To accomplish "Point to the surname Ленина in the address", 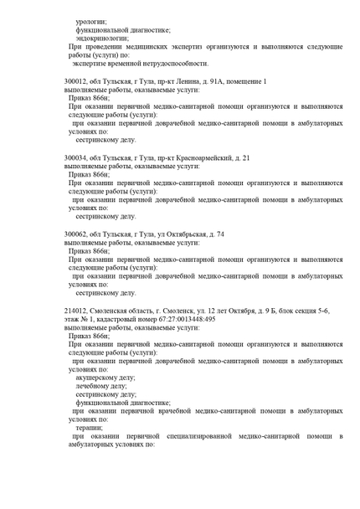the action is (x=186, y=81).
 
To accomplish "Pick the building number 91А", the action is (x=219, y=81).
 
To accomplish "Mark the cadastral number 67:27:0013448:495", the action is (x=179, y=319).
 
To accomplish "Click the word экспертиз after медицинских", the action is (x=189, y=46).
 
